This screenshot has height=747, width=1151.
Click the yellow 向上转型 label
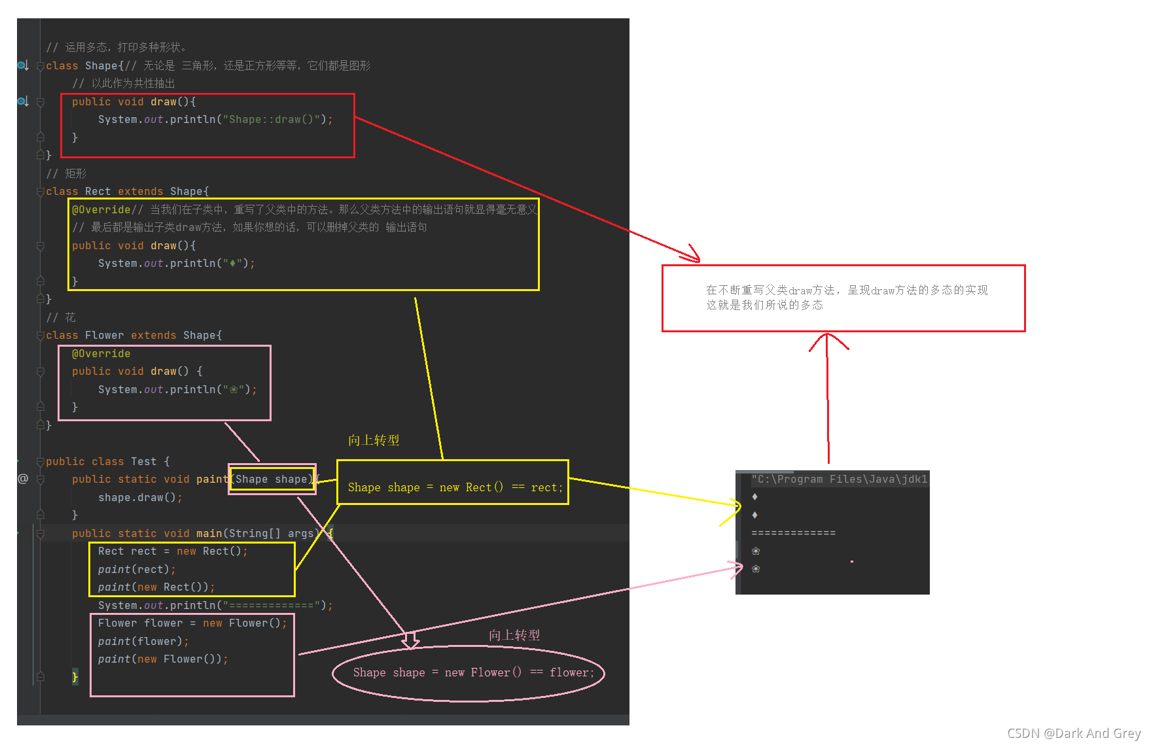tap(374, 440)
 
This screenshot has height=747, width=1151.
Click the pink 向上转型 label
tap(514, 635)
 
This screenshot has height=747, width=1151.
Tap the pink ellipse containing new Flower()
tap(469, 673)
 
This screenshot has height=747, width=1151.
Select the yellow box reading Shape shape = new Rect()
tap(453, 482)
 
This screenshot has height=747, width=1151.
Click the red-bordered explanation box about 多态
tap(843, 298)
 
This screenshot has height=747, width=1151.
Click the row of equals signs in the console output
tap(793, 533)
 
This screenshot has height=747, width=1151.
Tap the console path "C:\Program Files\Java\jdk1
tap(839, 479)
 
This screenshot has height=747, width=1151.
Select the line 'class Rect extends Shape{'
tap(128, 192)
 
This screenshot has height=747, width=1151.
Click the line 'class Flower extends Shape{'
tap(134, 336)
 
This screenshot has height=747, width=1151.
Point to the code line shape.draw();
tap(140, 498)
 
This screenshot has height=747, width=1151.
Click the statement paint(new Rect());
tap(156, 587)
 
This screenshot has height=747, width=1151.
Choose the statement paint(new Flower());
tap(163, 659)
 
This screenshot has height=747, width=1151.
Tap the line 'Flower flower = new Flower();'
tap(192, 623)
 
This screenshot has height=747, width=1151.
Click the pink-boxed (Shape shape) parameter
tap(272, 479)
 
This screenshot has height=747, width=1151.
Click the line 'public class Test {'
tap(108, 462)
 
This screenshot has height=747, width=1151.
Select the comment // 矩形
tap(66, 174)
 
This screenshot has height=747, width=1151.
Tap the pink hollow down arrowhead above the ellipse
tap(410, 640)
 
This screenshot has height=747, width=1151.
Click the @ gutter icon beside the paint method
tap(23, 479)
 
